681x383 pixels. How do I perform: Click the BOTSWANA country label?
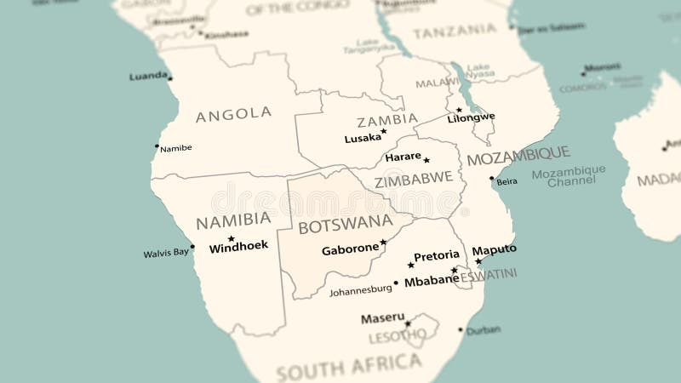click(346, 225)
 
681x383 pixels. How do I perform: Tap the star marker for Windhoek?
click(231, 238)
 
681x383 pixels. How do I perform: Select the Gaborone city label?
click(350, 249)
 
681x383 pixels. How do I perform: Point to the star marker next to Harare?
click(426, 160)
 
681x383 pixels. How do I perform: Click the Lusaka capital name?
click(363, 138)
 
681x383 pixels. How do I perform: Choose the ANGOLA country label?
click(233, 114)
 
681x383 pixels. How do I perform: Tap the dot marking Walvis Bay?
click(192, 247)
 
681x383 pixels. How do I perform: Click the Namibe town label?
click(176, 148)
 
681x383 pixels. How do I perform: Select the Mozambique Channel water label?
click(569, 176)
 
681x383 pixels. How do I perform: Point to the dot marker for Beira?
click(491, 179)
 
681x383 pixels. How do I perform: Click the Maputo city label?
click(494, 249)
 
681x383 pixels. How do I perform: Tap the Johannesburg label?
click(361, 290)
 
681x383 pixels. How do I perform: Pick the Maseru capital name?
click(382, 318)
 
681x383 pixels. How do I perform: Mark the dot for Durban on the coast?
click(461, 329)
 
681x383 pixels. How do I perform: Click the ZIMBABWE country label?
click(414, 180)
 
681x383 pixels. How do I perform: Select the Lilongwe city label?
click(471, 117)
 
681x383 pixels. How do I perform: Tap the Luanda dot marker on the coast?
click(170, 78)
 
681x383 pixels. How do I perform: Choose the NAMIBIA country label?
click(233, 220)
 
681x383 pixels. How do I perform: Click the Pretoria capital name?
click(436, 255)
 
